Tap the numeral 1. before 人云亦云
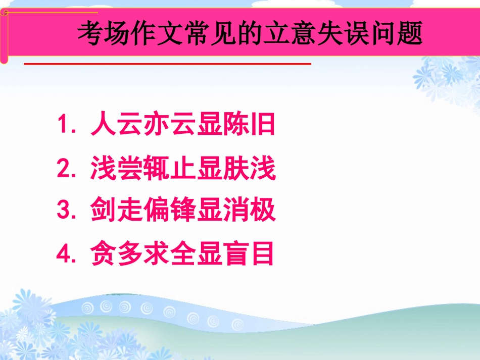click(x=67, y=125)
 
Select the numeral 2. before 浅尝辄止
click(x=67, y=169)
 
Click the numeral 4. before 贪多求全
click(x=67, y=254)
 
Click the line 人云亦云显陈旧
click(x=183, y=125)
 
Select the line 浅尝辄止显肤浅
click(x=183, y=169)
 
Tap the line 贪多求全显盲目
click(x=183, y=254)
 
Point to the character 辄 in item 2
click(x=156, y=169)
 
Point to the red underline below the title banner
click(x=167, y=64)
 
